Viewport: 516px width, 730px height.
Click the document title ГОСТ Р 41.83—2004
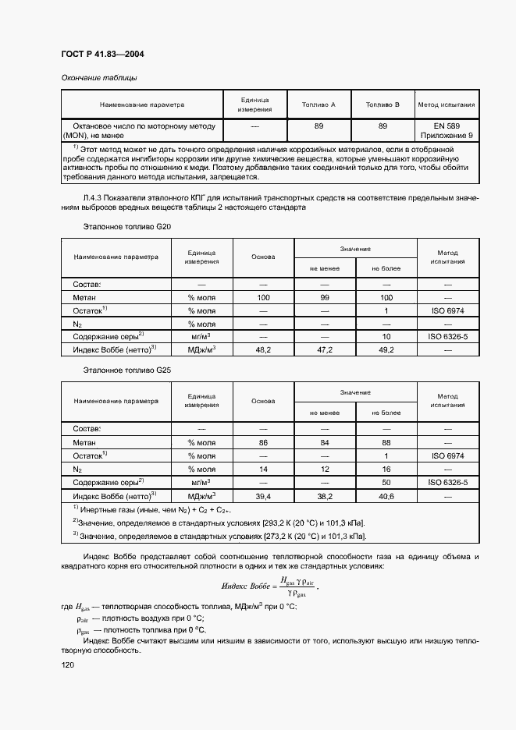click(x=102, y=54)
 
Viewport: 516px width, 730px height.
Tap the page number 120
click(x=69, y=664)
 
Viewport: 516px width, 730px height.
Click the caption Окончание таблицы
click(x=99, y=78)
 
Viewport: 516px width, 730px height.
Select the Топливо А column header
click(x=319, y=105)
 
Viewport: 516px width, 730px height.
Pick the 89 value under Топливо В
click(x=383, y=126)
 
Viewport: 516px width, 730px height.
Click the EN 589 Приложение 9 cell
click(x=447, y=130)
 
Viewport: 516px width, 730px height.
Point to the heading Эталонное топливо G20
click(x=126, y=226)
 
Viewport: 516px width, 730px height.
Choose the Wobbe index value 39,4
click(x=263, y=495)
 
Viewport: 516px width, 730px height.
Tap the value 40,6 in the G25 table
click(x=386, y=495)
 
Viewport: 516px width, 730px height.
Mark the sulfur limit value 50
click(x=386, y=482)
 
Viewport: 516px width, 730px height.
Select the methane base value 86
click(x=263, y=442)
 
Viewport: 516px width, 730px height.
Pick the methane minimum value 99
click(x=325, y=298)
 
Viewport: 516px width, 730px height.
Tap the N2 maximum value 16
click(x=386, y=469)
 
